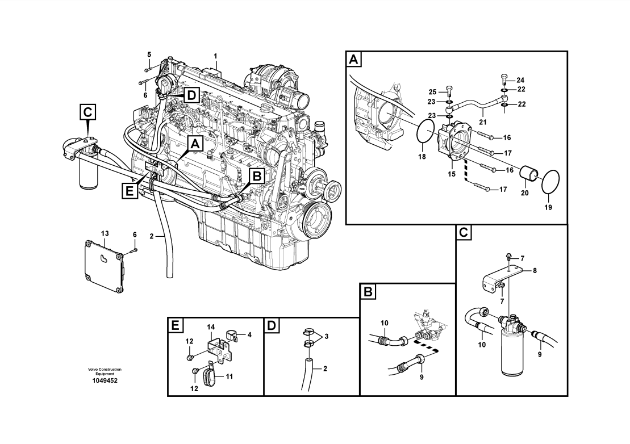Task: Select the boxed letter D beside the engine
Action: tap(192, 95)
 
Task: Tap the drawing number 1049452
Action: tap(105, 380)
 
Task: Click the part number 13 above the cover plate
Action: tap(105, 233)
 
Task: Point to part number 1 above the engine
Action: tap(216, 56)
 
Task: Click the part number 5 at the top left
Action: tap(149, 54)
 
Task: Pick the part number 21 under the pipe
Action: tap(482, 122)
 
